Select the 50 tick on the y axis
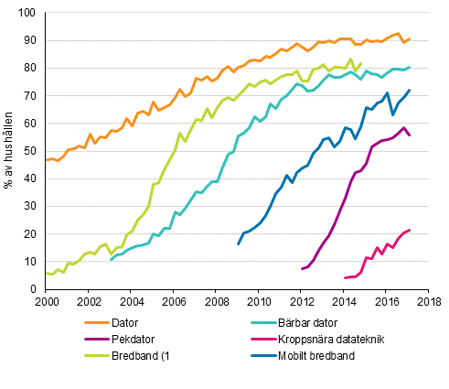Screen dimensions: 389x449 click(28, 152)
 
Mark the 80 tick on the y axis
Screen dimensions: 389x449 click(28, 69)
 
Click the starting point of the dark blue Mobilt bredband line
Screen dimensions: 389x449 click(238, 244)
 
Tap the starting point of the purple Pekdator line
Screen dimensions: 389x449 click(302, 268)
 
